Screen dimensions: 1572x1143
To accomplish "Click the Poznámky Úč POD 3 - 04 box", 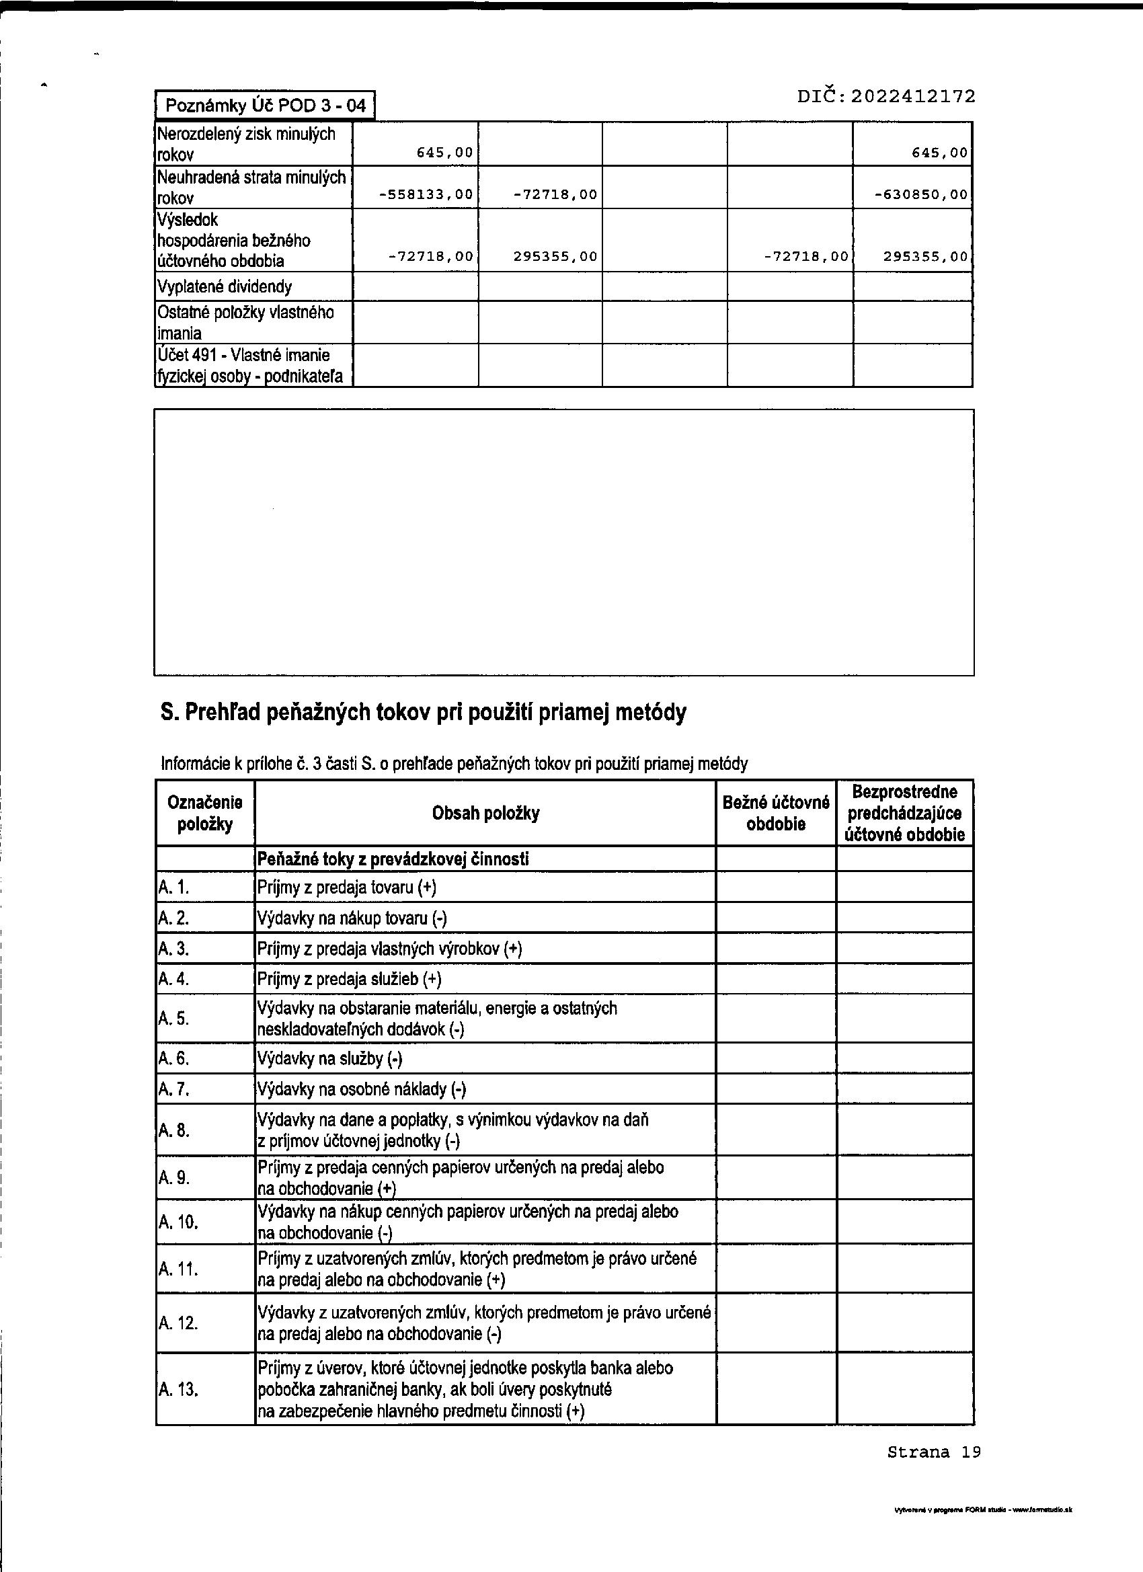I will pos(265,106).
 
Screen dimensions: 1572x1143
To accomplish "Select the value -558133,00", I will pos(426,195).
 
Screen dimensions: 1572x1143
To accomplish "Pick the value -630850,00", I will pos(921,195).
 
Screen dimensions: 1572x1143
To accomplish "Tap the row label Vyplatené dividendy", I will pos(225,286).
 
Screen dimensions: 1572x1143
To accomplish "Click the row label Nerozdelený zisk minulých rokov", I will pos(246,143).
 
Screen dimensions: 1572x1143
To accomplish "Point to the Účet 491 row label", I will pos(250,365).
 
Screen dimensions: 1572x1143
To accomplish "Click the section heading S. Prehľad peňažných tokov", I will pos(424,712).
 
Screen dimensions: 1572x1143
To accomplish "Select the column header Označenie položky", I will pos(205,813).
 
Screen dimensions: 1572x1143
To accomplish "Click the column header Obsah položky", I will pos(485,813).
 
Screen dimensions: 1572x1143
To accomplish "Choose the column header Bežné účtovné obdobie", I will pos(776,813).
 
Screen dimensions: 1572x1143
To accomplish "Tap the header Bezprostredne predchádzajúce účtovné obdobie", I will pos(904,813).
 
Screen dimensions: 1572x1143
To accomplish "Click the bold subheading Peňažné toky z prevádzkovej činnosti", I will pos(393,859).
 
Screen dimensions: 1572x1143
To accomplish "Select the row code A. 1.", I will pos(173,888).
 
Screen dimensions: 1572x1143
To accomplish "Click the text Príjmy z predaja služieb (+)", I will pos(350,979).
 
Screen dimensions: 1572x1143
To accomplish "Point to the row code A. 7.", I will pos(173,1089).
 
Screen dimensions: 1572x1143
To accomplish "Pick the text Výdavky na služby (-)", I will pos(330,1058).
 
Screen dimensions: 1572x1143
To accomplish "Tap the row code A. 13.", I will pos(178,1388).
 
